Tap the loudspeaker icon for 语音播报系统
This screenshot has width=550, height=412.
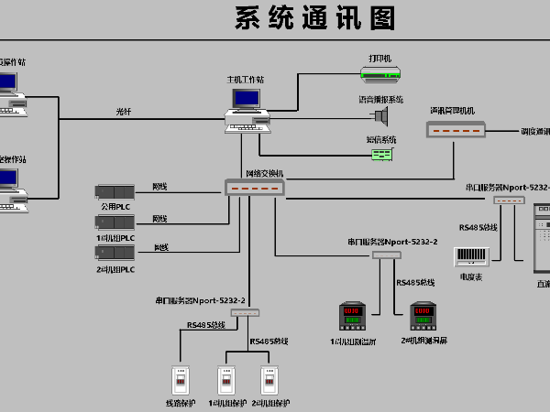381,114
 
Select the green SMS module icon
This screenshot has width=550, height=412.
382,154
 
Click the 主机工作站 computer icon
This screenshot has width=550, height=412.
245,106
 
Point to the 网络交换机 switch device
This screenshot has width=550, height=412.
256,188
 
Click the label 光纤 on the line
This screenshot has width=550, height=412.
124,112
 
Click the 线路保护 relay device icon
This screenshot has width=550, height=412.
180,379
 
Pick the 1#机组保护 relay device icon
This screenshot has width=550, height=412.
227,379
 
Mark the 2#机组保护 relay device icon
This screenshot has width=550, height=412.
269,379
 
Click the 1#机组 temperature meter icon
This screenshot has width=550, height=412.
353,316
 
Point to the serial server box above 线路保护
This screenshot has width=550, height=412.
247,312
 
